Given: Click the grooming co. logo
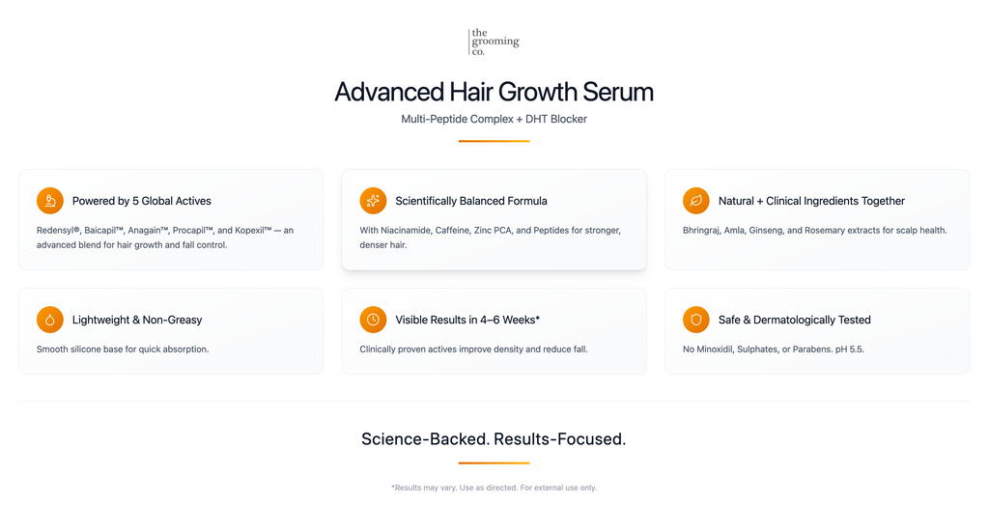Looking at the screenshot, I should (x=494, y=42).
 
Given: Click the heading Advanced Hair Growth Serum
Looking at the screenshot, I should (x=494, y=92).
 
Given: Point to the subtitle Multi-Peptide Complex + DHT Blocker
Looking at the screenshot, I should (x=494, y=119).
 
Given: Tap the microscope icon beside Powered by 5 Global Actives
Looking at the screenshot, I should (x=50, y=201).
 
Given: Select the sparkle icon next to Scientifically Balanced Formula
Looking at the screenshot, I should (x=373, y=201).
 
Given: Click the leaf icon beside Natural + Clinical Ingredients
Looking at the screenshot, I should (x=696, y=201).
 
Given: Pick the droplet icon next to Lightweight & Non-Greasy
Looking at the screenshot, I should (x=50, y=320).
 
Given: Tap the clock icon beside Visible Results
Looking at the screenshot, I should (x=373, y=320).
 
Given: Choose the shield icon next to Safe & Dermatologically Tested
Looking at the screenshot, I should (x=696, y=320).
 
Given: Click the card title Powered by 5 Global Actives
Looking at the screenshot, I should (x=142, y=201).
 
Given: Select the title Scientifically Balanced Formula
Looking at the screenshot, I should (x=471, y=201).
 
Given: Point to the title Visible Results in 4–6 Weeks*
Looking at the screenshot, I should (x=467, y=320).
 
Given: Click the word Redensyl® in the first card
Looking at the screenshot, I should (x=58, y=231).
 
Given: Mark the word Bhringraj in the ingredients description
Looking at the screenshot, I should (x=704, y=231).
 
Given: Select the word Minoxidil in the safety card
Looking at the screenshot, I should (x=719, y=349).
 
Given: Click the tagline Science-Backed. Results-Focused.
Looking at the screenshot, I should (x=494, y=439).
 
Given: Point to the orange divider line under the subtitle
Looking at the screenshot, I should (x=494, y=141).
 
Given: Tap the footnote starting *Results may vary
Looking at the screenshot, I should (x=494, y=488).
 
